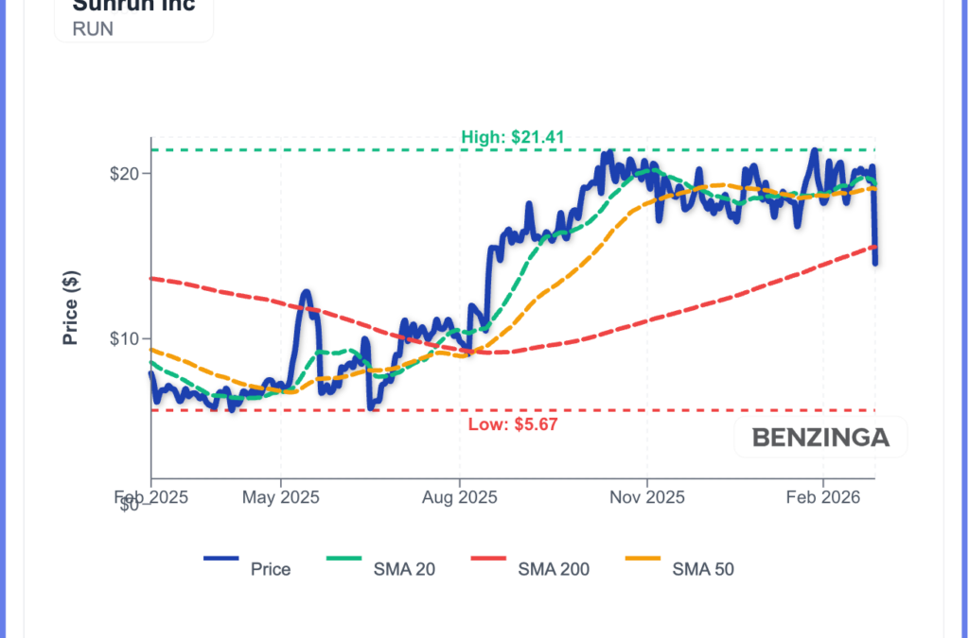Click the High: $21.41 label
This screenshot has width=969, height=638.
coord(513,137)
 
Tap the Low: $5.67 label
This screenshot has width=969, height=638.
coord(513,424)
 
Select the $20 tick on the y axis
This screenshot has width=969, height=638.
coord(127,174)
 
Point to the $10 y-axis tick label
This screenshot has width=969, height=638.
coord(127,339)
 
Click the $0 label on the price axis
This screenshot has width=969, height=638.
coord(131,505)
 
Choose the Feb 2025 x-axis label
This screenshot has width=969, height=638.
coord(150,495)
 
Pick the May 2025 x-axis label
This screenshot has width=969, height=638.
coord(281,495)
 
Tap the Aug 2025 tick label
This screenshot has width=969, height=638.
coord(459,495)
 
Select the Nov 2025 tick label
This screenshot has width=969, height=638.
coord(647,495)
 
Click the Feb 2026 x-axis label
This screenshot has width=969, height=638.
coord(822,495)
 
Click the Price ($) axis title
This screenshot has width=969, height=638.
coord(71,307)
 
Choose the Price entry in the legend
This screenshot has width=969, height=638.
coord(271,569)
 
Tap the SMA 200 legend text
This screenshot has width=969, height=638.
coord(554,569)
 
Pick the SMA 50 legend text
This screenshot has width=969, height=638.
coord(703,569)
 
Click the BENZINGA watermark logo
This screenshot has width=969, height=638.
coord(820,438)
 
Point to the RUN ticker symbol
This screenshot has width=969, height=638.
coord(93,28)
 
